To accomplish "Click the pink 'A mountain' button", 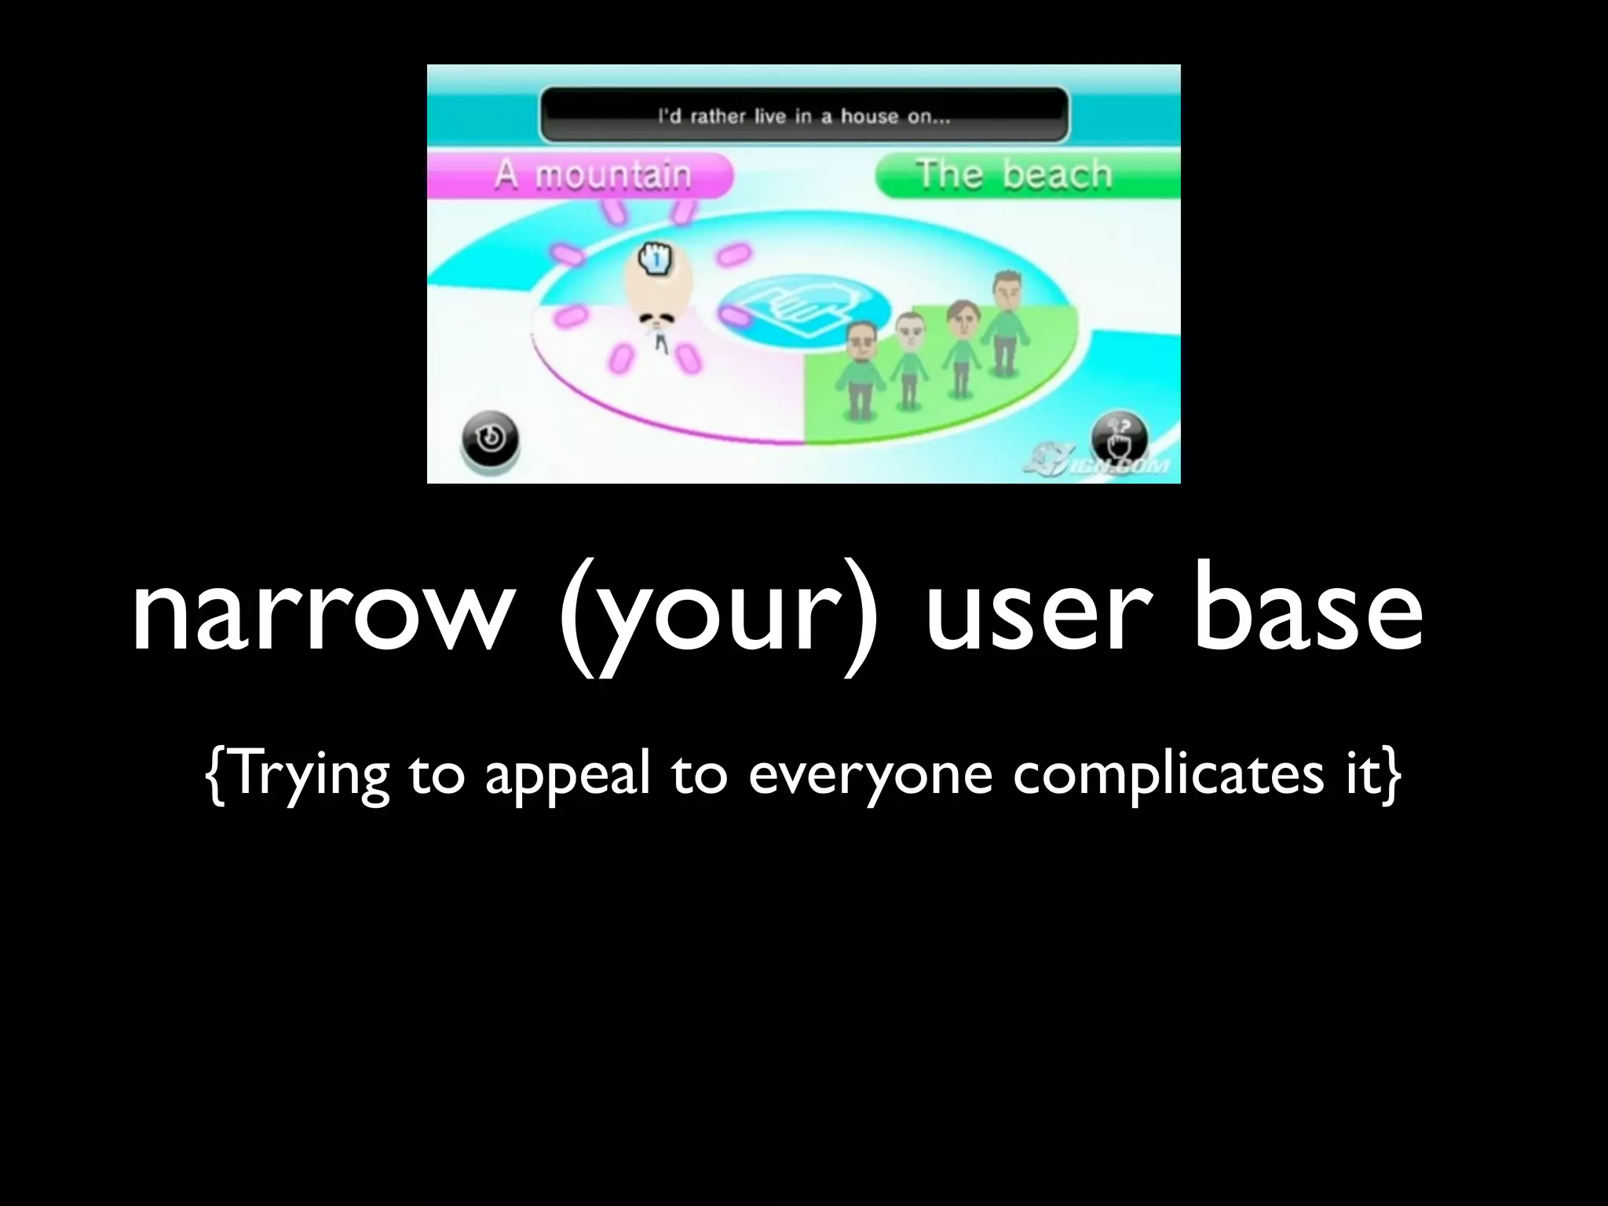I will pos(581,175).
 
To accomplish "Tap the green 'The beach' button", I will pos(1025,175).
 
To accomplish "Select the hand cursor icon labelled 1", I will pos(656,258).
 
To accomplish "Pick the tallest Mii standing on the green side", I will pos(1005,322).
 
